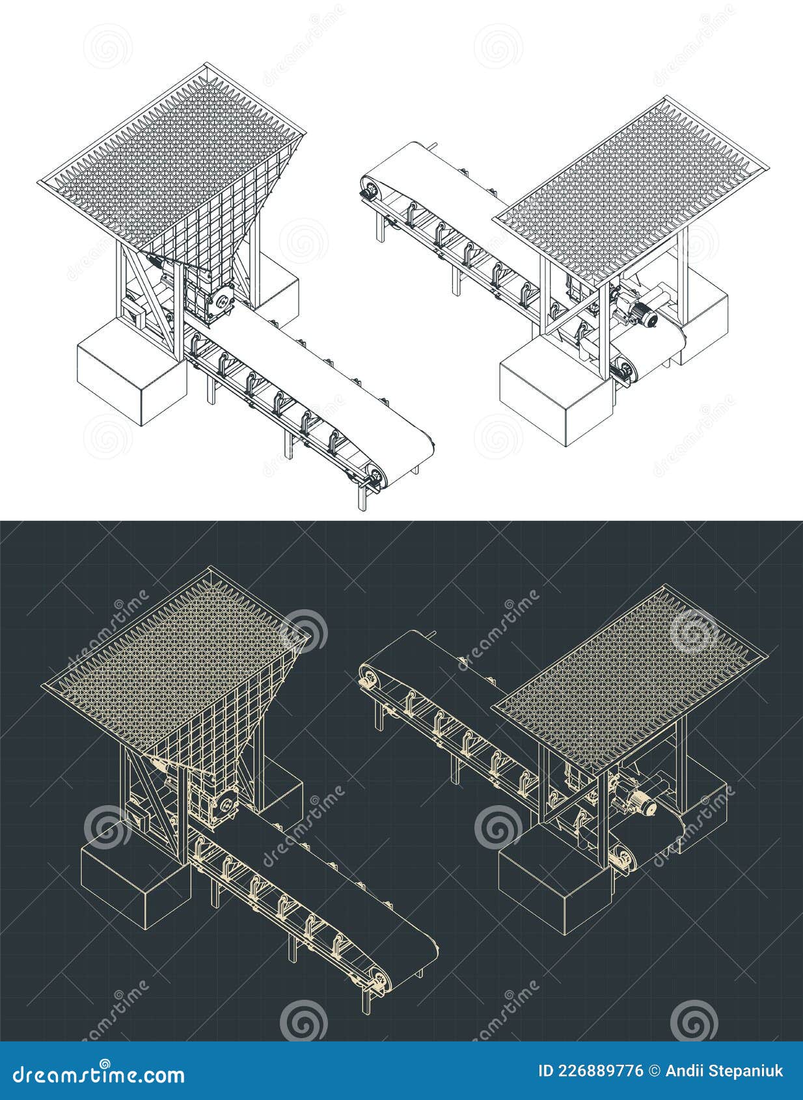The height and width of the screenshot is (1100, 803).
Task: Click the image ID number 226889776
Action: tap(592, 1071)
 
